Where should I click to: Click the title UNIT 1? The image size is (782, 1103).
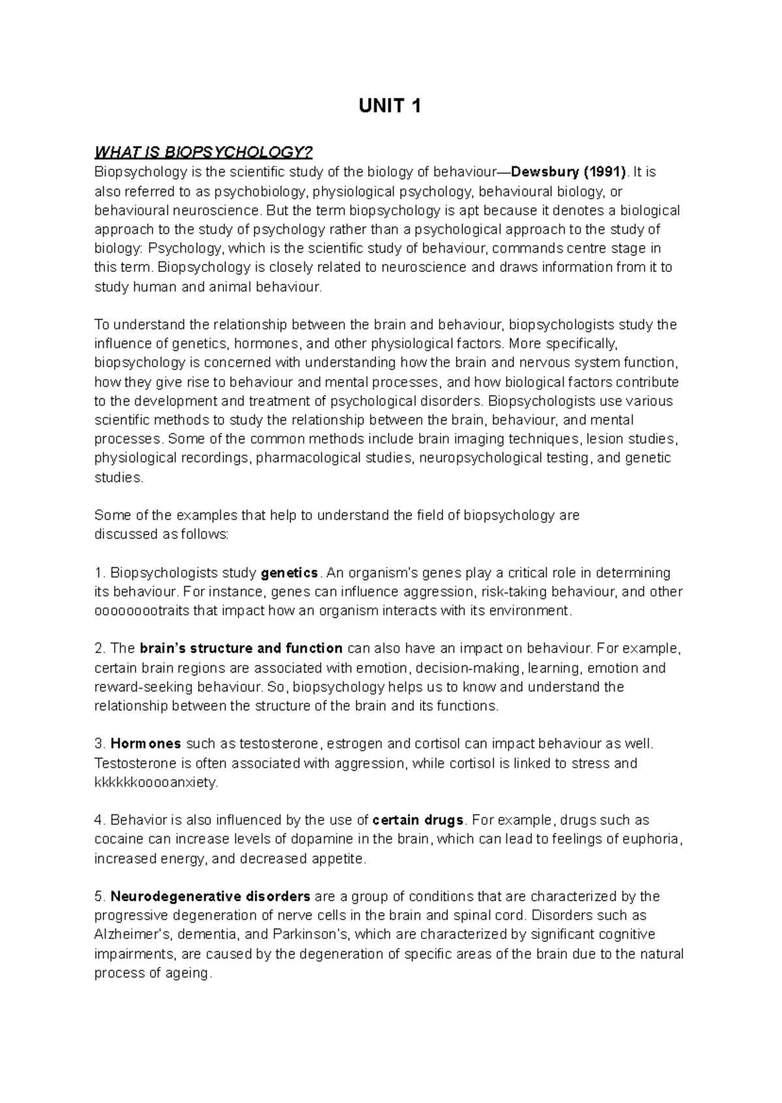tap(390, 106)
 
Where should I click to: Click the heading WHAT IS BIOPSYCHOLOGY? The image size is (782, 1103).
tap(204, 153)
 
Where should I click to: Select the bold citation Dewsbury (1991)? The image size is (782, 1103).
tap(569, 173)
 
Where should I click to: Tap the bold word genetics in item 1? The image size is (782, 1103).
tap(289, 574)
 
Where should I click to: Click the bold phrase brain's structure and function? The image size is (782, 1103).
tap(242, 649)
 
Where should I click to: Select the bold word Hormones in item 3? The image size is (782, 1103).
tap(146, 744)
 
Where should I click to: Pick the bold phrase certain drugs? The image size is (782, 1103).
tap(418, 820)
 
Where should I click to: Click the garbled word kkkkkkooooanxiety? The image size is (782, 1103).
tap(155, 783)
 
